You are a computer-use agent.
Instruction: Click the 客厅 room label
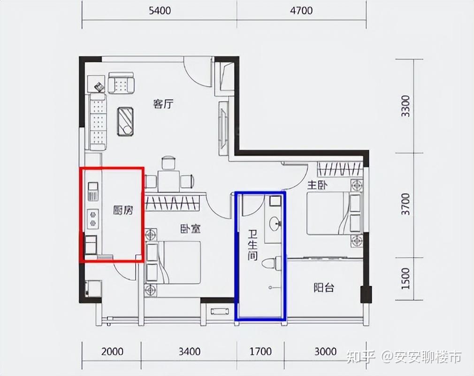(163, 104)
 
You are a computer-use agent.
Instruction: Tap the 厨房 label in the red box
(123, 210)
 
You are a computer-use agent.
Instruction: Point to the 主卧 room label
(317, 185)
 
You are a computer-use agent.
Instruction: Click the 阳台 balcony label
(324, 287)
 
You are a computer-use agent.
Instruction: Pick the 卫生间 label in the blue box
(252, 245)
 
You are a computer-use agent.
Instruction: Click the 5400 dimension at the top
(160, 11)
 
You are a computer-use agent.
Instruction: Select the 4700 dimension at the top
(301, 11)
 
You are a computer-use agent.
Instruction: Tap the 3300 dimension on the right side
(405, 106)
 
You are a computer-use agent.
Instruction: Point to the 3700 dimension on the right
(405, 204)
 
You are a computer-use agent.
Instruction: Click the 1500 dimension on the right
(405, 278)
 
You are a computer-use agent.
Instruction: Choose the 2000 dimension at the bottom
(112, 352)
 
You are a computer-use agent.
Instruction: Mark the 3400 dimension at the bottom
(189, 352)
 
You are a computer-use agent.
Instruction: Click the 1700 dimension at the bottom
(260, 352)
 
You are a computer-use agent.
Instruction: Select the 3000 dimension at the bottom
(325, 352)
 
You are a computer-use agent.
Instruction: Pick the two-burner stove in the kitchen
(93, 219)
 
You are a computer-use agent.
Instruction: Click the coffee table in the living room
(125, 122)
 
